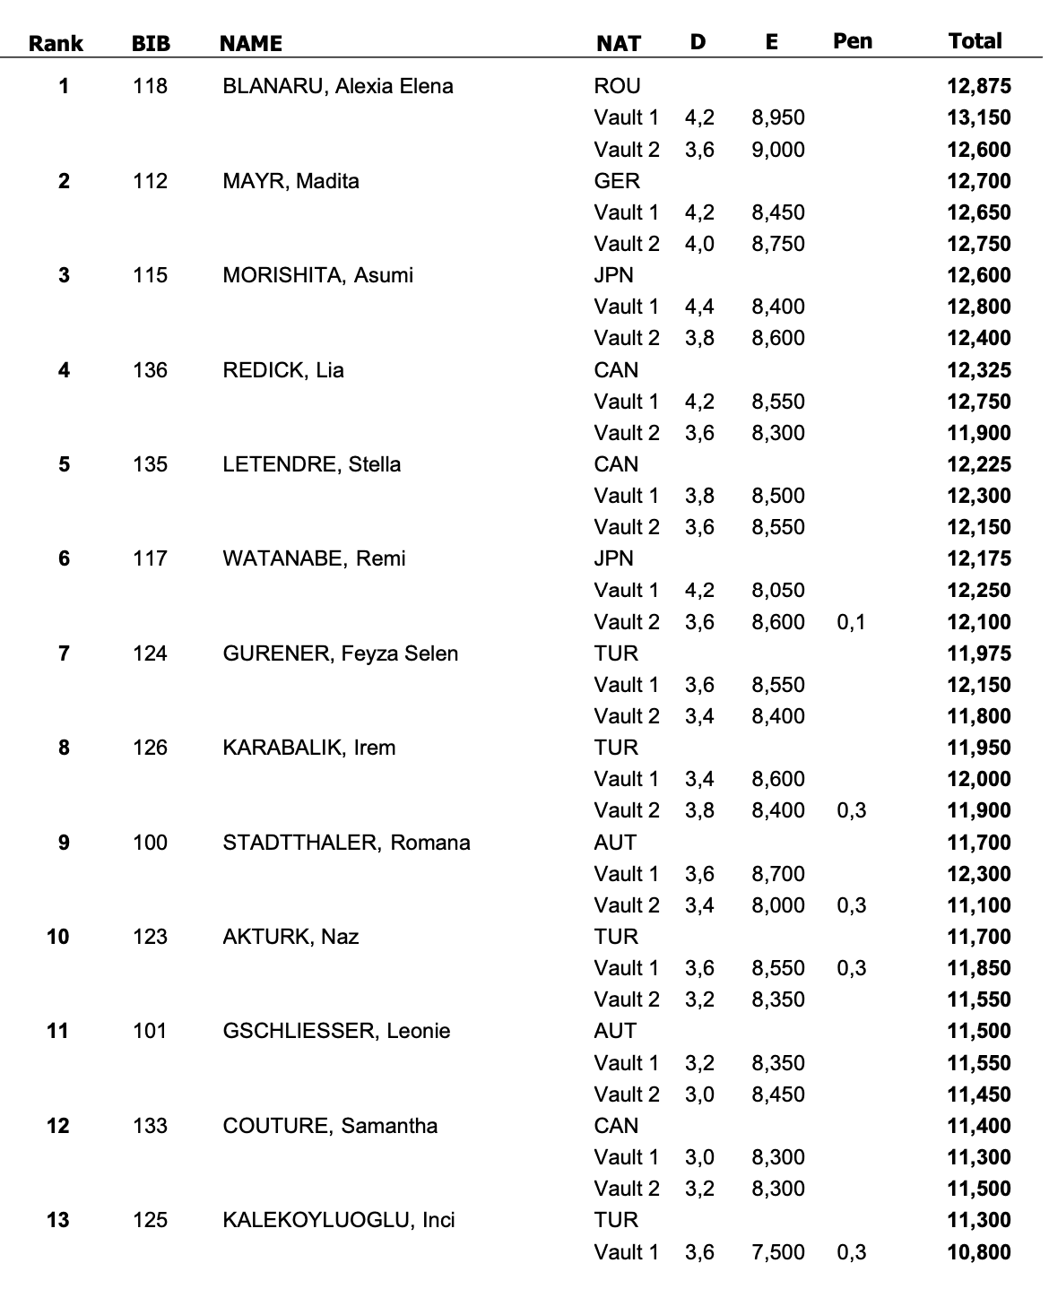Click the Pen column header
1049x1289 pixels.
[852, 41]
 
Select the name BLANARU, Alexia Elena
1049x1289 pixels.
[338, 87]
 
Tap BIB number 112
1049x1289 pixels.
[150, 181]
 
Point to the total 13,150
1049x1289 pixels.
[978, 118]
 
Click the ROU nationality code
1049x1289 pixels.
[617, 87]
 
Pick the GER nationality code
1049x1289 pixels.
[617, 181]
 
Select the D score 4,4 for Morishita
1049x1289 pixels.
[699, 307]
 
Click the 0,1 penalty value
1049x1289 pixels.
[852, 622]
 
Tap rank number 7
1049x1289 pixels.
[64, 653]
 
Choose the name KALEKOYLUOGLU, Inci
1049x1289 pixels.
[339, 1220]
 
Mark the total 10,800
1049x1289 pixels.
[978, 1252]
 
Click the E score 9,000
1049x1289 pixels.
[778, 150]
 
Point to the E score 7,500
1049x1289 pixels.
[778, 1252]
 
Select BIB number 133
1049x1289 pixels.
[150, 1126]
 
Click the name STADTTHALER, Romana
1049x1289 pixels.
[346, 843]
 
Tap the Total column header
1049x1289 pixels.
[975, 41]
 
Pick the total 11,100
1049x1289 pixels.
[978, 905]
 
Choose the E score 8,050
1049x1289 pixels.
[778, 591]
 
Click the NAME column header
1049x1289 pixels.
[251, 44]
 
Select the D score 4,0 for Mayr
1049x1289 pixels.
[699, 244]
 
